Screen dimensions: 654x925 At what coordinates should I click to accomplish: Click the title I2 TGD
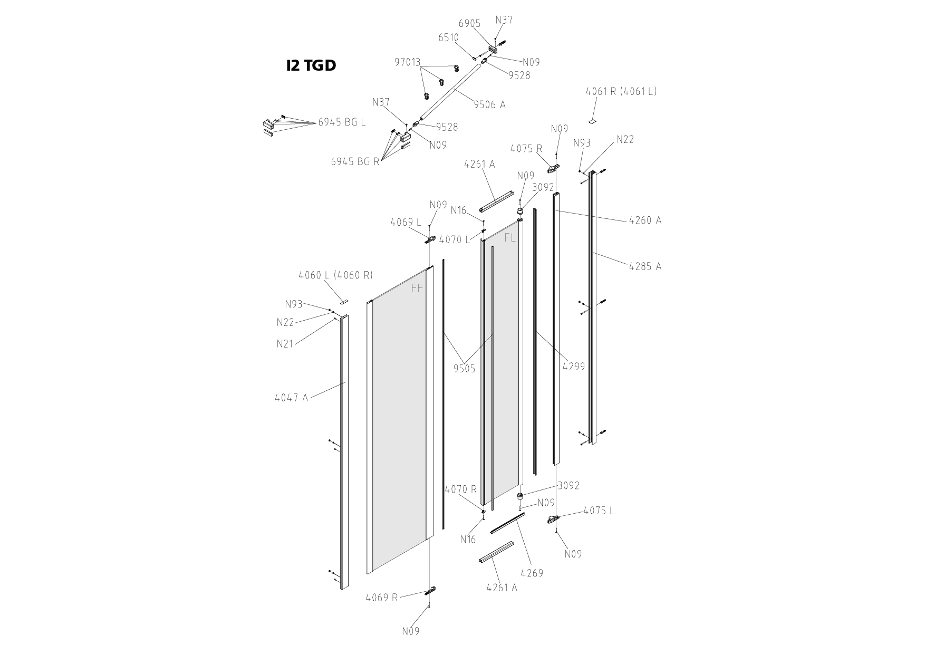coord(311,65)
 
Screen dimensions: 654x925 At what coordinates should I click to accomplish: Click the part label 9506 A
coord(489,104)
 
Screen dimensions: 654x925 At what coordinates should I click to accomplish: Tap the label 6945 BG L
coord(341,122)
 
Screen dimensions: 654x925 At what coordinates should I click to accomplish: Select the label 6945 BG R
coord(355,161)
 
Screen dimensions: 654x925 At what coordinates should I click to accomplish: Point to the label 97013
coord(407,62)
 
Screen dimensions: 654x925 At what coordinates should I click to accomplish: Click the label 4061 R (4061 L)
coord(621,91)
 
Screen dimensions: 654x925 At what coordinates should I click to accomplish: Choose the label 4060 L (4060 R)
coord(335,275)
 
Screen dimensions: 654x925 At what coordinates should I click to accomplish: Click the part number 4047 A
coord(291,398)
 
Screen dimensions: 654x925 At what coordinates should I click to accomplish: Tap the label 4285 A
coord(645,266)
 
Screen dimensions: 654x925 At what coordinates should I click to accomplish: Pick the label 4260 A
coord(645,220)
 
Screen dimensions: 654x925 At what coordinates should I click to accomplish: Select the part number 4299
coord(573,366)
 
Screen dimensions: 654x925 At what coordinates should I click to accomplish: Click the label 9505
coord(464,369)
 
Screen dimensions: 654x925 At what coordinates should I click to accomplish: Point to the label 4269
coord(531,573)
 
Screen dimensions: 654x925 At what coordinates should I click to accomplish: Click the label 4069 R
coord(381,598)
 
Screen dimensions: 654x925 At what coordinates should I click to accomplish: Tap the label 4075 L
coord(599,511)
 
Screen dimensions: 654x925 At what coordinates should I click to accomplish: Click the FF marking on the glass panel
coord(417,288)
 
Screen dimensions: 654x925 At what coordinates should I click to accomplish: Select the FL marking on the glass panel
coord(510,238)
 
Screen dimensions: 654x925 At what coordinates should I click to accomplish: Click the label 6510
coord(448,38)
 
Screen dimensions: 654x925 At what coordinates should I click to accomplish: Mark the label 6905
coord(469,23)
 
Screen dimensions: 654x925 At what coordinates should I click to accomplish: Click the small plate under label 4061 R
coord(592,121)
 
